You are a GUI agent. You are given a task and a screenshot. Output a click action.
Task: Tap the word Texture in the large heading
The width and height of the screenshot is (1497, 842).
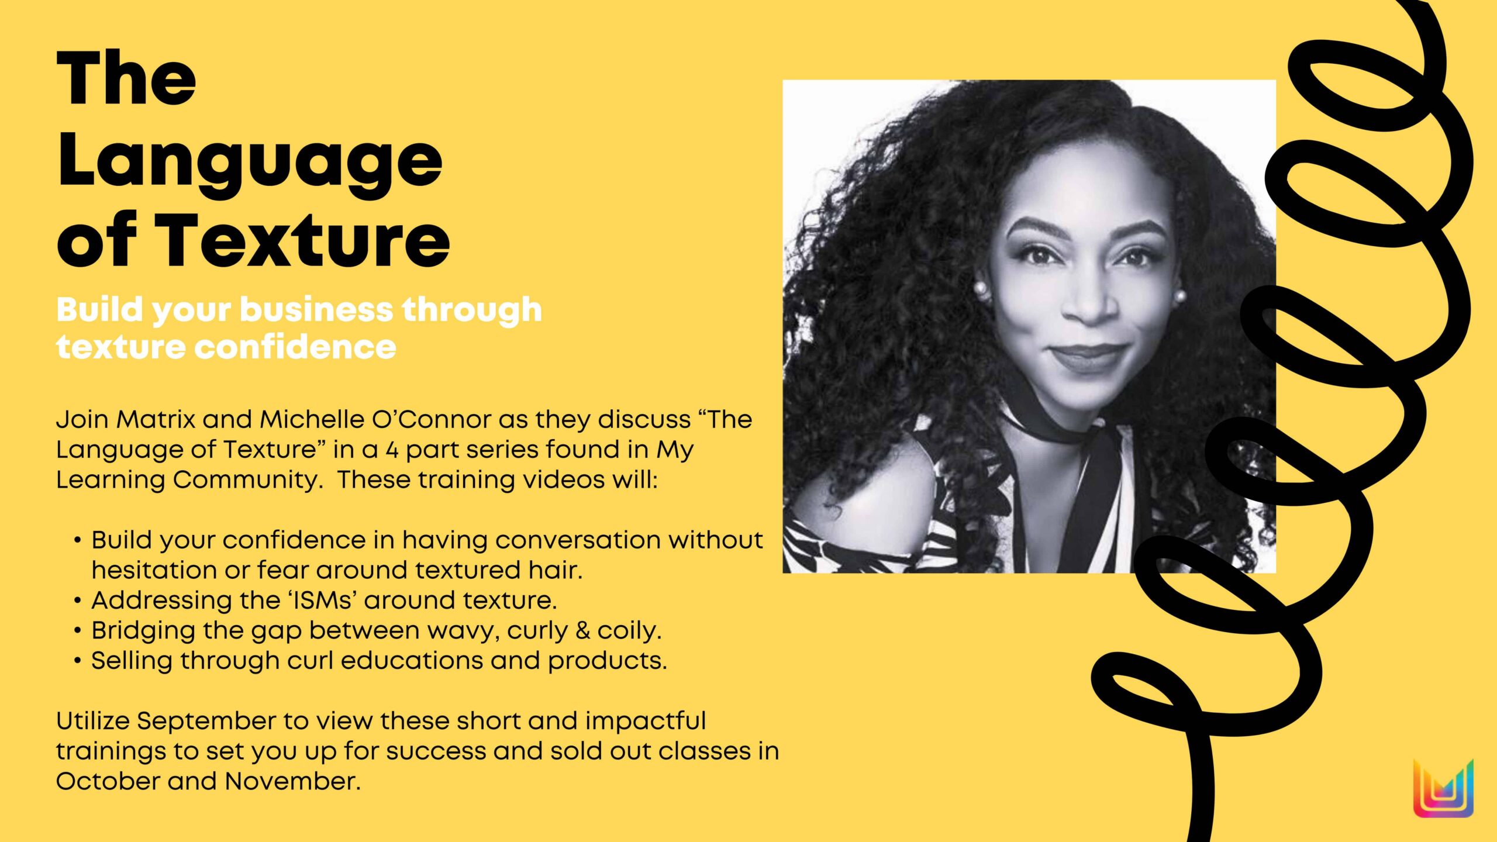coord(302,240)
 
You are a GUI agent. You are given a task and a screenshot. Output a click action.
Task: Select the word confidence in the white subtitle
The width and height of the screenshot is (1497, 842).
coord(295,347)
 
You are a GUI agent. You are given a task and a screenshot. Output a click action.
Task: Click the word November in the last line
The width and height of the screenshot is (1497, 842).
coord(292,781)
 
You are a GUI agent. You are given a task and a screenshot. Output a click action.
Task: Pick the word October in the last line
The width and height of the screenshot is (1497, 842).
coord(108,781)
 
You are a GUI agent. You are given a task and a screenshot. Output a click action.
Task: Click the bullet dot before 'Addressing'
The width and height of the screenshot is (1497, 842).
coord(78,601)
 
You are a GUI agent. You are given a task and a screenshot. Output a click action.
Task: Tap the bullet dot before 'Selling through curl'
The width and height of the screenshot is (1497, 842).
coord(78,661)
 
